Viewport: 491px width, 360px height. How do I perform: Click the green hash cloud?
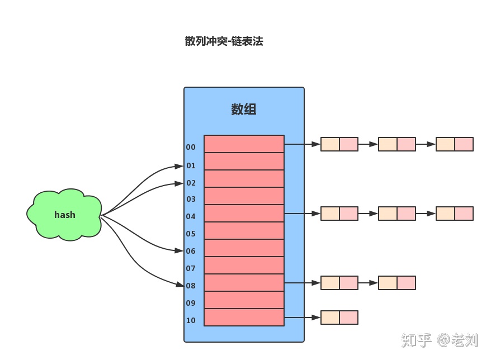(x=64, y=215)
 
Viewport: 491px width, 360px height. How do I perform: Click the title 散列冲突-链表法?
(x=224, y=41)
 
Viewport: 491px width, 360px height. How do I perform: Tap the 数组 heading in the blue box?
(x=244, y=110)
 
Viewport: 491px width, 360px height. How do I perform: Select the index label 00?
(x=191, y=148)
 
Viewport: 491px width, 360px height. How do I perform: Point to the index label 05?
(x=191, y=234)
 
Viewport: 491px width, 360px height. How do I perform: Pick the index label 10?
(x=191, y=321)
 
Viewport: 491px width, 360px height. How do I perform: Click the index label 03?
(x=191, y=200)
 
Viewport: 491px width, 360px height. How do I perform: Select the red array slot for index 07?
(x=244, y=265)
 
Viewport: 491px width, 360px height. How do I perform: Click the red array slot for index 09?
(x=244, y=300)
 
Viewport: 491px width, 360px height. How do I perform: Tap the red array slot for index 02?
(x=244, y=178)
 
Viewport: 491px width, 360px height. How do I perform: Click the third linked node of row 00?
(x=454, y=144)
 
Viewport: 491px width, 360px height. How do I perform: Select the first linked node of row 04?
(x=339, y=214)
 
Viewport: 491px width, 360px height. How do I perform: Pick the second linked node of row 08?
(x=396, y=283)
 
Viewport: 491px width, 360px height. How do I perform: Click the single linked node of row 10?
(x=339, y=318)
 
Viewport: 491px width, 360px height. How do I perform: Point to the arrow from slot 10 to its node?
(x=302, y=318)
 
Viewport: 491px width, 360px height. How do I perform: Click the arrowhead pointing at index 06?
(x=179, y=251)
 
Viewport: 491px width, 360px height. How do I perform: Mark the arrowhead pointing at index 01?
(x=179, y=166)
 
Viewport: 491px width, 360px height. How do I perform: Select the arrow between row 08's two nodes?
(x=367, y=283)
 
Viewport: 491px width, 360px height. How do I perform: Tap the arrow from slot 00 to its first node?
(x=302, y=144)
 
